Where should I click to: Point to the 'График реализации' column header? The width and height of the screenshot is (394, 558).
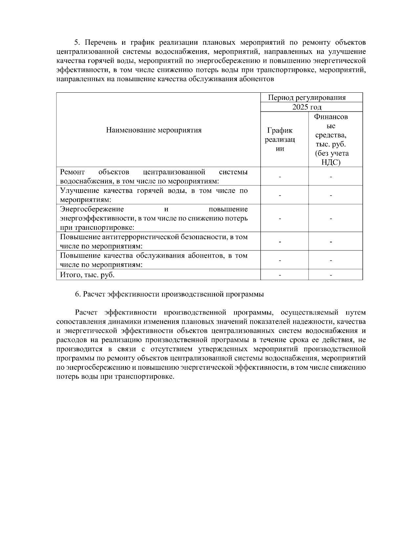pos(280,139)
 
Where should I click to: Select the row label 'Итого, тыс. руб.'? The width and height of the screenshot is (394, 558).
pos(87,275)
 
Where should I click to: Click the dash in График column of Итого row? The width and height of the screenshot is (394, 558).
pos(280,275)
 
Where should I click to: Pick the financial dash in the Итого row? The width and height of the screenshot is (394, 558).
pos(331,275)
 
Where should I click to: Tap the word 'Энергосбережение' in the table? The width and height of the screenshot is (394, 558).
pos(92,209)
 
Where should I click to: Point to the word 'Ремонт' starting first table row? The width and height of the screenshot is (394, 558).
pos(73,172)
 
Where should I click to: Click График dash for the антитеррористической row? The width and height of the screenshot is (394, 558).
pos(280,242)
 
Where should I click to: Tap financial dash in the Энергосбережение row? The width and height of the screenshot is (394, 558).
pos(331,219)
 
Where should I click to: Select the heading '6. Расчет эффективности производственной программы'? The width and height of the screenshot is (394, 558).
pos(169,294)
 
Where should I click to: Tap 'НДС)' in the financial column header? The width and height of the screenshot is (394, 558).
pos(331,162)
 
